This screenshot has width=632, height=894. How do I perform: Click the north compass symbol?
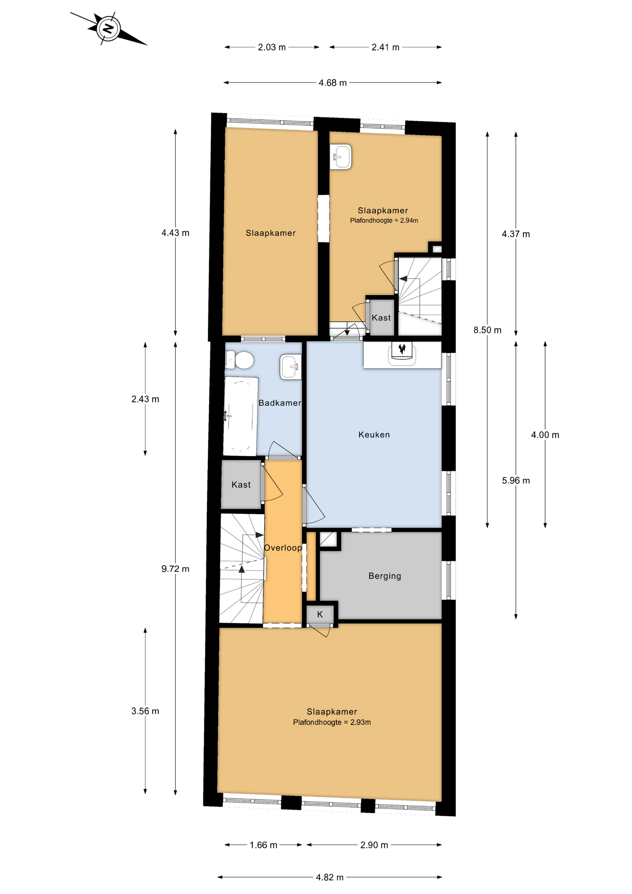tap(108, 29)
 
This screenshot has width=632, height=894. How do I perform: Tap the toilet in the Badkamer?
tap(240, 361)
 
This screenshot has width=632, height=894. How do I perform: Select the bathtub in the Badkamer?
tap(240, 416)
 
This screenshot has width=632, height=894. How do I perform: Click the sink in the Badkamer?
tap(291, 367)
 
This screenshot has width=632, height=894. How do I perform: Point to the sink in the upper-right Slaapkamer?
tap(341, 157)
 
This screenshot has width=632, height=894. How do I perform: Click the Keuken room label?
tap(374, 434)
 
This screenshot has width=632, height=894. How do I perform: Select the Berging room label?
tap(385, 576)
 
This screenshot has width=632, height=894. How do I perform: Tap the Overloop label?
tap(283, 548)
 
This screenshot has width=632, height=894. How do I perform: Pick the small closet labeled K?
tap(320, 614)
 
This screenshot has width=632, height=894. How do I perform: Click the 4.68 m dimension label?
tap(333, 83)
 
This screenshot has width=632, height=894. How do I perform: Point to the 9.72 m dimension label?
tap(175, 569)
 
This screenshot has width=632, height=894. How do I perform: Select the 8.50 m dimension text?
tap(488, 330)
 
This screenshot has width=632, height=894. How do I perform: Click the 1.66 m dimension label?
tap(263, 845)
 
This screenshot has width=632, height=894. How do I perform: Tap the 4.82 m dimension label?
tap(330, 877)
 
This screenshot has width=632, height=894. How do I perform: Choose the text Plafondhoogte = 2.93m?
tap(332, 722)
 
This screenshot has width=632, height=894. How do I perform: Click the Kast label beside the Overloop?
tap(241, 485)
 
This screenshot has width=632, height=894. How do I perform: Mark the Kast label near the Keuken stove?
tap(381, 318)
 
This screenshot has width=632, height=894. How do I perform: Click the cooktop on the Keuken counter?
tap(402, 353)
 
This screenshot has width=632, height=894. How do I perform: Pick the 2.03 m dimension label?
tap(271, 47)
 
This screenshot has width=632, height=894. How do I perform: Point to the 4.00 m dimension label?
tap(545, 435)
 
